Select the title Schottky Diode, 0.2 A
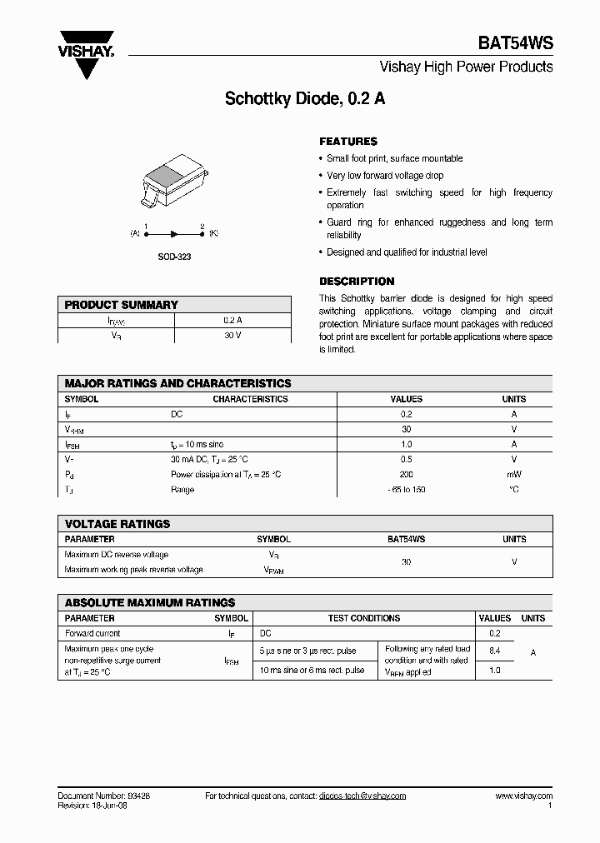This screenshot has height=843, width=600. point(305,98)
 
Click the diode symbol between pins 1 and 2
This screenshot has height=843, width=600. point(174,235)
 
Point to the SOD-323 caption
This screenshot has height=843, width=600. point(174,257)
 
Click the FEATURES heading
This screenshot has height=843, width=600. point(348,142)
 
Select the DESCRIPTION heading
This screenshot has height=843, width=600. point(357,282)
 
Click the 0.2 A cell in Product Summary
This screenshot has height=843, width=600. point(232,320)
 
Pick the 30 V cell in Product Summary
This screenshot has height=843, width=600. point(232,335)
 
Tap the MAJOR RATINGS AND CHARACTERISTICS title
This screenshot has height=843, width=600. point(178,384)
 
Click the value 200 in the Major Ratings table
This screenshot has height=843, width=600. point(406,474)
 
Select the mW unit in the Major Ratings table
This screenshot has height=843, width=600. point(513,474)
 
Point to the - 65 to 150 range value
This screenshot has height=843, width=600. point(406,489)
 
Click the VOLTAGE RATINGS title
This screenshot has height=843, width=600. point(117,524)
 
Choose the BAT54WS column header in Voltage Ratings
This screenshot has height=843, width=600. point(406,540)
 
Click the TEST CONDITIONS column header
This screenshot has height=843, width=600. point(363,618)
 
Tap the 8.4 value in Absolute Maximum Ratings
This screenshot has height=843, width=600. point(494,649)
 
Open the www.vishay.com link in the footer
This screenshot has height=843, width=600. point(523,796)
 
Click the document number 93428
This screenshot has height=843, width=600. point(137,796)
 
